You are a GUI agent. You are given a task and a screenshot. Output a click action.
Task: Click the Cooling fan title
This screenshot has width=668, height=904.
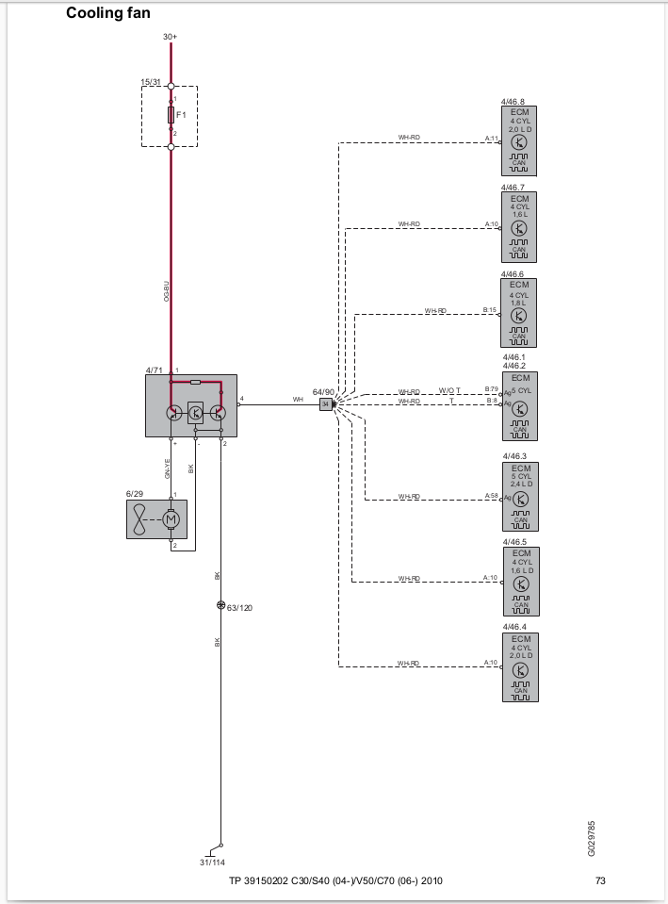(x=107, y=14)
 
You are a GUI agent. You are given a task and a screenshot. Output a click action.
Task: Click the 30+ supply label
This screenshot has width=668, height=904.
(x=170, y=37)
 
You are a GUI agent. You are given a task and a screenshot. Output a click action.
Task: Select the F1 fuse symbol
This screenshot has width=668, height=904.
(x=171, y=114)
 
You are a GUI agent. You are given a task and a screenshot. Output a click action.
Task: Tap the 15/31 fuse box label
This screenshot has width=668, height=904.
(x=151, y=82)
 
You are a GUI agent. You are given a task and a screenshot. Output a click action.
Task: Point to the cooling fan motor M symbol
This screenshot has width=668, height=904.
(x=171, y=519)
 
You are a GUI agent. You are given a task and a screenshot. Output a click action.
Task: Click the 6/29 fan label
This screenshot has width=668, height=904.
(x=134, y=493)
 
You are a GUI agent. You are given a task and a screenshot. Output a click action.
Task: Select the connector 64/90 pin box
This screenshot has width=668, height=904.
(x=326, y=404)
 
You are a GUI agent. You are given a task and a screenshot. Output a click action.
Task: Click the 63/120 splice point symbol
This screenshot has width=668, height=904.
(x=220, y=605)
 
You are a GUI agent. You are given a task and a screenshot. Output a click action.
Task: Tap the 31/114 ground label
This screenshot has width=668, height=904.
(x=212, y=862)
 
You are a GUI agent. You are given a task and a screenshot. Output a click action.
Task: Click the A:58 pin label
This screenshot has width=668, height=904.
(x=491, y=494)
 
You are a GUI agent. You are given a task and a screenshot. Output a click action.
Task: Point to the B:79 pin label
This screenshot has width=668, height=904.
(x=491, y=388)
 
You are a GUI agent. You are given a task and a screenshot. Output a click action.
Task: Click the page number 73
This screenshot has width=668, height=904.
(x=600, y=881)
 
